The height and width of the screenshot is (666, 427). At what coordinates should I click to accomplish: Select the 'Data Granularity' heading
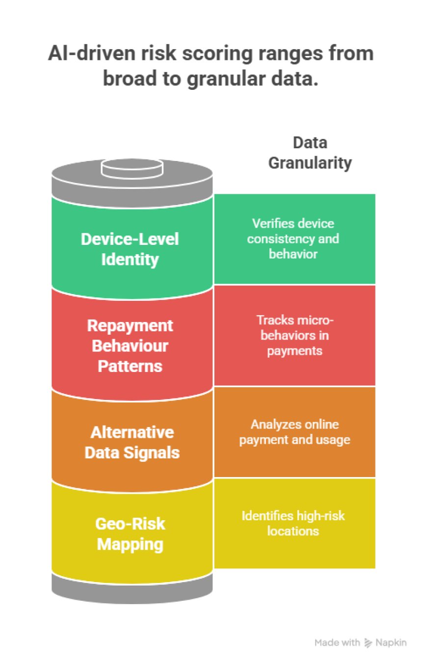point(310,153)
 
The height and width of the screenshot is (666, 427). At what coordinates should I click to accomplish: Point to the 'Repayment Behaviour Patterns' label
point(130,346)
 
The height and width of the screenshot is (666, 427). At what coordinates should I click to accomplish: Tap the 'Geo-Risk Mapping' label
point(130,534)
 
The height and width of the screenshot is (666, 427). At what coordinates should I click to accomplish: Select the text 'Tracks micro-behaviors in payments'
point(294,336)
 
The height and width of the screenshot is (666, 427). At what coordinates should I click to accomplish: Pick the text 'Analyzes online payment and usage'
point(294,431)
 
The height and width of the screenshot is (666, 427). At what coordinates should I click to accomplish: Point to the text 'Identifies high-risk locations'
point(294,523)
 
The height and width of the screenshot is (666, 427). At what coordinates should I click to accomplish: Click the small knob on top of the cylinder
point(132,168)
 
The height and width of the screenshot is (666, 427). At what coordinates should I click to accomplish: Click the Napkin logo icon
point(368,642)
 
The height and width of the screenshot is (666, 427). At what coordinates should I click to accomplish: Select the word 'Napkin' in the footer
point(391,642)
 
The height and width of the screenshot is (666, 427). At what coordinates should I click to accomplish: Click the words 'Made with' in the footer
point(337,642)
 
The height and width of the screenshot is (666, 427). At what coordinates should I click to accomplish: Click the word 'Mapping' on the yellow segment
point(130,544)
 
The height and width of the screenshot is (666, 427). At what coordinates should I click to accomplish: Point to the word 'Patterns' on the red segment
point(130,365)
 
